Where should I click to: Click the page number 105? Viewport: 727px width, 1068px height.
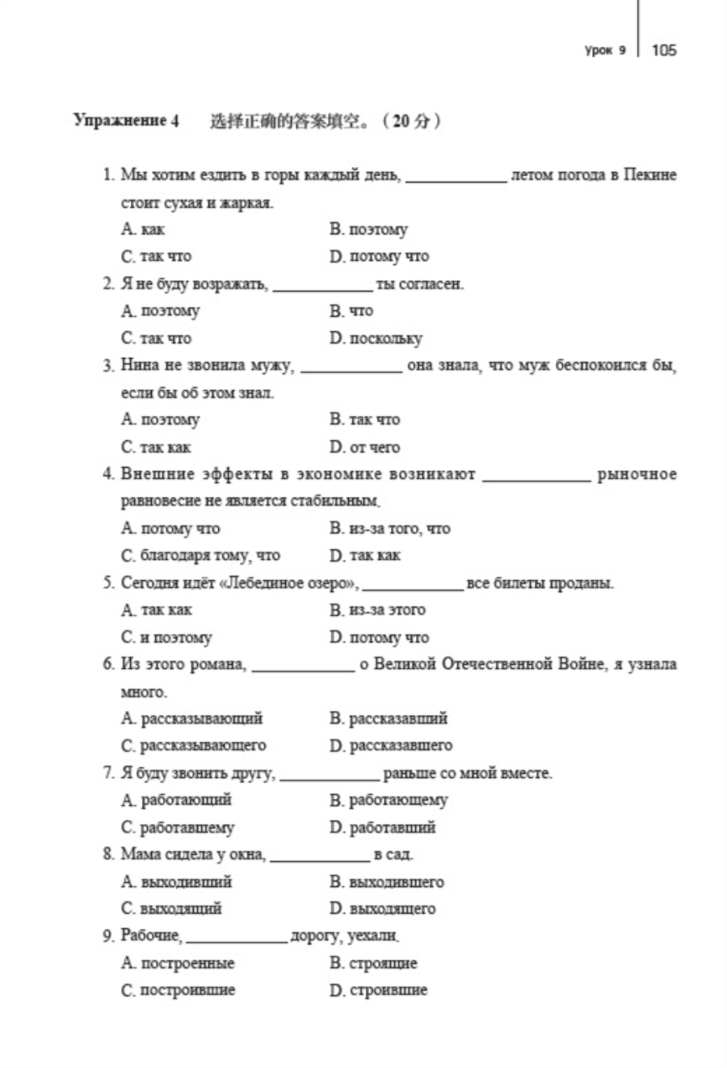[x=664, y=50]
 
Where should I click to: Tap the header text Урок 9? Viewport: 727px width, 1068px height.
[x=605, y=50]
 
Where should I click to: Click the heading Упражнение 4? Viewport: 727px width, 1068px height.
[x=126, y=121]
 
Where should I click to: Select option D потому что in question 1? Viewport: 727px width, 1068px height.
[x=379, y=257]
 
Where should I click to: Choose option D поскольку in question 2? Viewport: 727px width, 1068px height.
[x=376, y=338]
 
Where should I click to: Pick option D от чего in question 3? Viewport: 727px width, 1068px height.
[x=364, y=447]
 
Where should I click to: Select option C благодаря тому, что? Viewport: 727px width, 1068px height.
[x=200, y=556]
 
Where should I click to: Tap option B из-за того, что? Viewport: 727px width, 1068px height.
[x=390, y=528]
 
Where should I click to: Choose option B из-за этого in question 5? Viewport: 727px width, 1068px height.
[x=377, y=610]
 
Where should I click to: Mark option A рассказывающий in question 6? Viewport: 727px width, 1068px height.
[x=192, y=718]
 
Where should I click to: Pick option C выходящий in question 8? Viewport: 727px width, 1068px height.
[x=171, y=909]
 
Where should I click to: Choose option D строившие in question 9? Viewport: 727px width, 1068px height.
[x=378, y=990]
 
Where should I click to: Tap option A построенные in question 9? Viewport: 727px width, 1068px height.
[x=178, y=963]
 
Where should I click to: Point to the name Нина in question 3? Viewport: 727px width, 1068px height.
[x=140, y=365]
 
